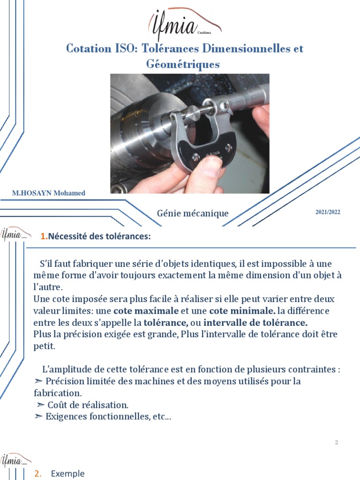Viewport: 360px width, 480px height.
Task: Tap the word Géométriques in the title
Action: click(x=183, y=64)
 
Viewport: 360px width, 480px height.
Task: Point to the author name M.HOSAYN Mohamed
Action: click(x=49, y=193)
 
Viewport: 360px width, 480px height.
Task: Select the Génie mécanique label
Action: click(x=193, y=213)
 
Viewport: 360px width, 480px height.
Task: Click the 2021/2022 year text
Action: click(x=328, y=212)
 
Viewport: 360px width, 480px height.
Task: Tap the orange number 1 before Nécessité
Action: click(x=43, y=236)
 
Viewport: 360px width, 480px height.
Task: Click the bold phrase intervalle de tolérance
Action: click(x=255, y=323)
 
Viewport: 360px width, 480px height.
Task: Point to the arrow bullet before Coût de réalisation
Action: click(x=41, y=405)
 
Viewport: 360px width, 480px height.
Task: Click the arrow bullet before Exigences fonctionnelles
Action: click(x=38, y=416)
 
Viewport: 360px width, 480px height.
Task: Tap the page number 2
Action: click(x=337, y=442)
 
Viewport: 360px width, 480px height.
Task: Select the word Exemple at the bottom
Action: click(x=68, y=473)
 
